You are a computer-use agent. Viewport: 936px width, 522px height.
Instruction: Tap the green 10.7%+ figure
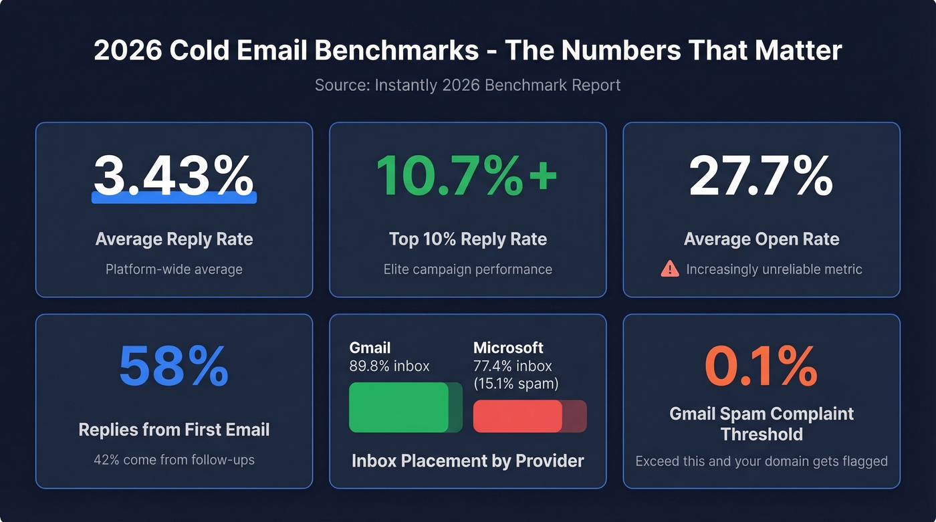tap(467, 175)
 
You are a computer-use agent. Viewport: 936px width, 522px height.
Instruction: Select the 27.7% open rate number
tap(761, 175)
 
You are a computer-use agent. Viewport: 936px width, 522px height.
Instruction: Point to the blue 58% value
tap(174, 367)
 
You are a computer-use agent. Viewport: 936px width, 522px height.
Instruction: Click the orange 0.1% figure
tap(761, 367)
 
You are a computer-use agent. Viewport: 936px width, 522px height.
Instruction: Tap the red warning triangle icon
tap(669, 269)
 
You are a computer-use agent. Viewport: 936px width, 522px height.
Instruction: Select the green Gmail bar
tap(399, 407)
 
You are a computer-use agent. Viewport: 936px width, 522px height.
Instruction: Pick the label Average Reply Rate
tap(174, 239)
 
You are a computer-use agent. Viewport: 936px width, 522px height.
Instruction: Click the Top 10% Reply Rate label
tap(467, 239)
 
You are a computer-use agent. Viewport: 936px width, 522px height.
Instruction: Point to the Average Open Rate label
tap(761, 239)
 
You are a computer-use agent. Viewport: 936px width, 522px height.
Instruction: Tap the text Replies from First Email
tap(174, 430)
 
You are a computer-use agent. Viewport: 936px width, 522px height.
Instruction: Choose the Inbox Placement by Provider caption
tap(467, 461)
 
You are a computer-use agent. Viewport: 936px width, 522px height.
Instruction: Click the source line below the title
tap(467, 86)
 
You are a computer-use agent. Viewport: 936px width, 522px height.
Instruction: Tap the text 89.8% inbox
tap(389, 366)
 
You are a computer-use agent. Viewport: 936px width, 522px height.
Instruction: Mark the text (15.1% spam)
tap(515, 384)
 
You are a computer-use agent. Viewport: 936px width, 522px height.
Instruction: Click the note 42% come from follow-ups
tap(174, 460)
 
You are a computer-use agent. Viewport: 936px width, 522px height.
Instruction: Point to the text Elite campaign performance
tap(467, 269)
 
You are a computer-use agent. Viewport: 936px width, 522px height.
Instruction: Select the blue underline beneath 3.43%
tap(174, 197)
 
